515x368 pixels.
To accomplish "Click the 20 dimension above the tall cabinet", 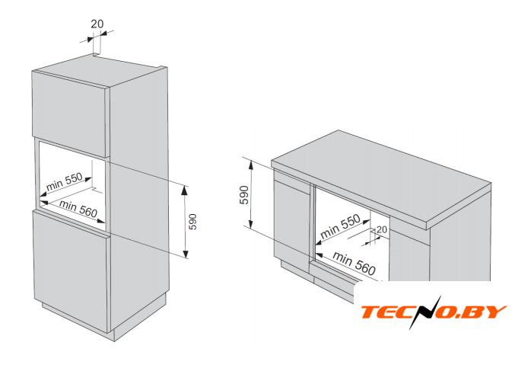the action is pos(97,24).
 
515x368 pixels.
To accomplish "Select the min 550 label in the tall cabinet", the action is pos(65,181).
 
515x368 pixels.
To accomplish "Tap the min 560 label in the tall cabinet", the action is pos(78,209).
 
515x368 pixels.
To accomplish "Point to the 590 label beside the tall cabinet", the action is pos(192,222).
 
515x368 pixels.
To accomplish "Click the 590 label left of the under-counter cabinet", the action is pos(244,195).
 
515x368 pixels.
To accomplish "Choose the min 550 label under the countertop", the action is pos(340,226).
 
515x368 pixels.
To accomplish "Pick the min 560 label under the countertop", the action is pos(354,263).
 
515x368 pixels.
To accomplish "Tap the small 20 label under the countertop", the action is pos(382,229).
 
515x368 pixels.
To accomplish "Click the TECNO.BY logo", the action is pos(434,312).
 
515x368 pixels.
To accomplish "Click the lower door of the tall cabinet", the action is pos(71,270).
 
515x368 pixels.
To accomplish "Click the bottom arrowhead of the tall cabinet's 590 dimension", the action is pos(186,254).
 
